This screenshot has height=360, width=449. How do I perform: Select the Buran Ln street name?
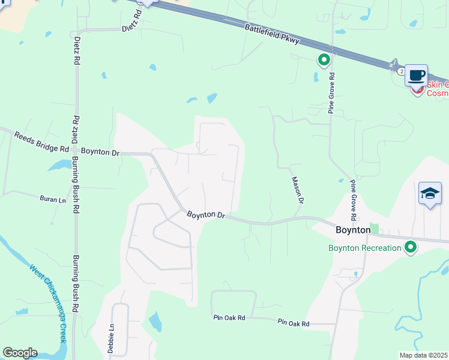52,199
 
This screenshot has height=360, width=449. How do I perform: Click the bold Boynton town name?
352,230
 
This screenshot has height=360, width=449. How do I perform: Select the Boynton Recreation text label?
364,248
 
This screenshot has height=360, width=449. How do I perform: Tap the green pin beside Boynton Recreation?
411,247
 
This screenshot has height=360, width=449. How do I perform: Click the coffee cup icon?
416,76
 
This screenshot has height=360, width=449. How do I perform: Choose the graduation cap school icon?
430,193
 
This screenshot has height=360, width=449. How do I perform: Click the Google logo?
20,353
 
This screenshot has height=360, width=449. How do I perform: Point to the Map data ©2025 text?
424,355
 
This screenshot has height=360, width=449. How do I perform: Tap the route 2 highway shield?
400,71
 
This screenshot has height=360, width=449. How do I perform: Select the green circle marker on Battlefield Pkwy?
324,59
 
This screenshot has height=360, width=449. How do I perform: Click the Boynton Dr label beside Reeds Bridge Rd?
100,152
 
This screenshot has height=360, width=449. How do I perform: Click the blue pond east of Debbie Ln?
155,322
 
